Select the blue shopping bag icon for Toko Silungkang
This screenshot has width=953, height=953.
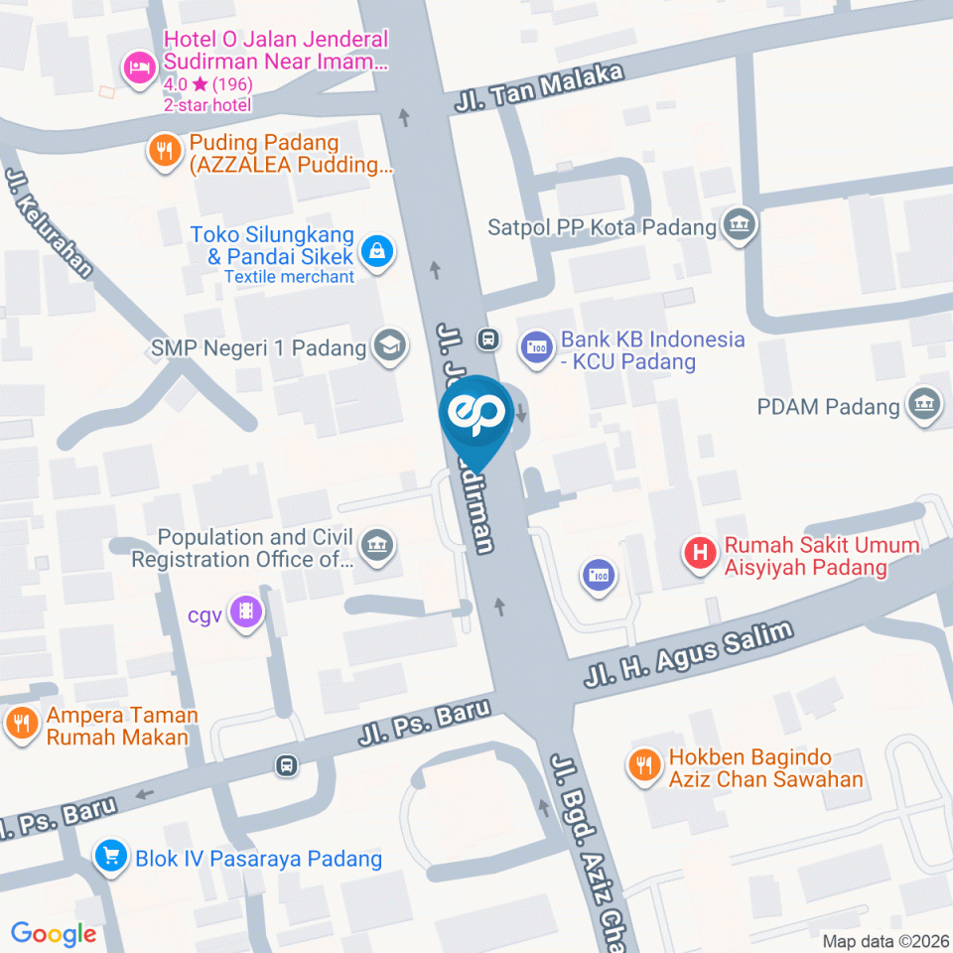[x=378, y=252]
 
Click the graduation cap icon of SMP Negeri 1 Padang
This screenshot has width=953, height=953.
[x=388, y=347]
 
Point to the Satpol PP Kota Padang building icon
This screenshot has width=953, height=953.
[x=740, y=225]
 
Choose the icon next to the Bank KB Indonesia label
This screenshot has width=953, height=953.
[x=537, y=348]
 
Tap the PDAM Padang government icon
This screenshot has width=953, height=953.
[x=922, y=405]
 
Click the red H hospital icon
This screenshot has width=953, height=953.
[x=701, y=555]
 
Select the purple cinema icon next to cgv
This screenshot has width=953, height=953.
[x=244, y=613]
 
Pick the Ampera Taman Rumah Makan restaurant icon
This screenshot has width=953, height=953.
[x=20, y=725]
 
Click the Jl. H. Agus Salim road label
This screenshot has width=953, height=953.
[x=689, y=655]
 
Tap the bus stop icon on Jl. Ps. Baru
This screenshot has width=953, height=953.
[x=286, y=765]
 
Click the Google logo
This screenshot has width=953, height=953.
[x=54, y=933]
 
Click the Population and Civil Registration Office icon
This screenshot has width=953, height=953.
[x=376, y=545]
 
